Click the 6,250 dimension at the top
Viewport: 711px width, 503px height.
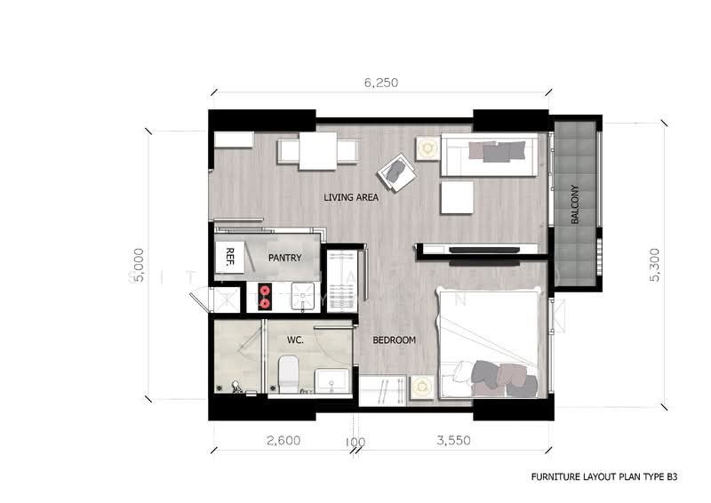[379, 83]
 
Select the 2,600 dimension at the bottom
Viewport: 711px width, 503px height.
[283, 440]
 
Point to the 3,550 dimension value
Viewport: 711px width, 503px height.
[451, 440]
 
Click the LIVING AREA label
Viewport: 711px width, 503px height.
[351, 197]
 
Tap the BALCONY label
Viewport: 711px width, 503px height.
[576, 204]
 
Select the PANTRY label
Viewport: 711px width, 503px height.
[284, 259]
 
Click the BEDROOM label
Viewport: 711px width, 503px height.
[394, 340]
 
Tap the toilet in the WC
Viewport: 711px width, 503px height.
[288, 374]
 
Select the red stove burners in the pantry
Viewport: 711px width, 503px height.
[264, 296]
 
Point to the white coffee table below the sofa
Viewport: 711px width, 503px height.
[458, 197]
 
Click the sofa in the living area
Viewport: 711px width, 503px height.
[489, 156]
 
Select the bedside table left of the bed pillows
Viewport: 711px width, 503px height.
[421, 386]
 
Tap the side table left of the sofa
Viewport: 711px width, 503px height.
[427, 148]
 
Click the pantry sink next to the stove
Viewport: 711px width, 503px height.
[301, 295]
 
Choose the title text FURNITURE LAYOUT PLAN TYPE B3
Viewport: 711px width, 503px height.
[603, 477]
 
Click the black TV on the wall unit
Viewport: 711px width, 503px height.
[484, 251]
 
